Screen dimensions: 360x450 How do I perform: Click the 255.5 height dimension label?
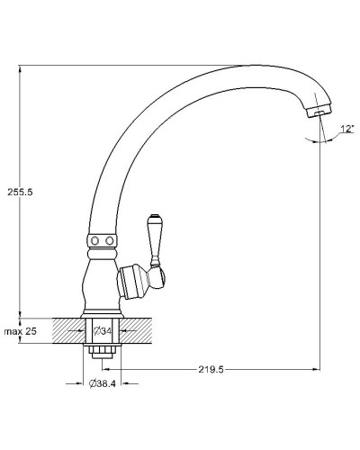click(20, 192)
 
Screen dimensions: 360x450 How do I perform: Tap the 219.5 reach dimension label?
click(211, 369)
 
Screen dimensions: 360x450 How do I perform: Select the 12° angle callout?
click(347, 129)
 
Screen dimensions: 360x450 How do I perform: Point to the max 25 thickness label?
click(20, 331)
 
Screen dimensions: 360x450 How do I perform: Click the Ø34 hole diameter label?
click(102, 331)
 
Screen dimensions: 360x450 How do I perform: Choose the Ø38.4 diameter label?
click(102, 383)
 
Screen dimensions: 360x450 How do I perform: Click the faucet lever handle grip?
click(155, 237)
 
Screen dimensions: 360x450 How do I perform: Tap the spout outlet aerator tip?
click(320, 112)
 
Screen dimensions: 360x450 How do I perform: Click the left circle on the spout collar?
click(95, 240)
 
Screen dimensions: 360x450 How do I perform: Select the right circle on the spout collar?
click(110, 240)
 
